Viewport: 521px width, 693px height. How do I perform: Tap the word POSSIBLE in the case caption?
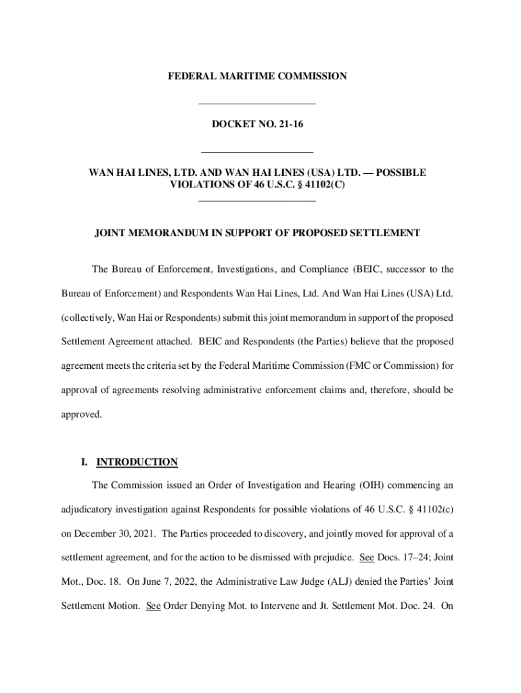[x=401, y=173]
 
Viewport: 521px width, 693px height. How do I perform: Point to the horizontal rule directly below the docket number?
[x=257, y=152]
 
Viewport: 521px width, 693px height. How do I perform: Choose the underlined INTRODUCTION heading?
[x=137, y=462]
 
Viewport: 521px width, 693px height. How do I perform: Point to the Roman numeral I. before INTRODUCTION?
[x=84, y=462]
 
